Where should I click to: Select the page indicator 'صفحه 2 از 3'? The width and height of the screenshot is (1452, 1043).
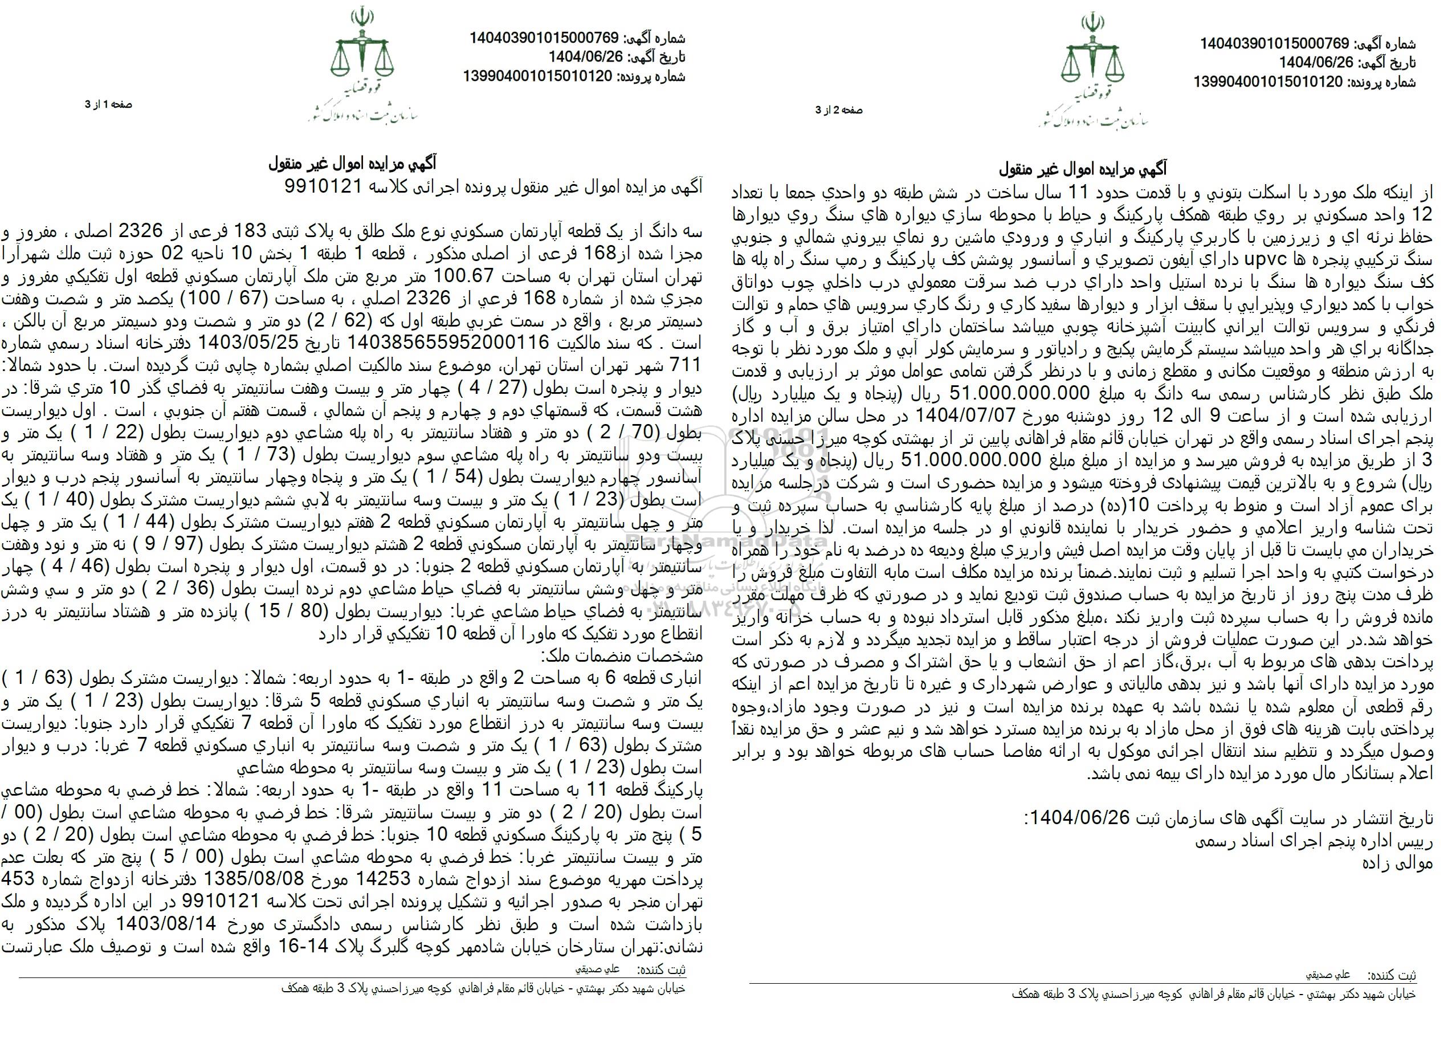coord(839,111)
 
